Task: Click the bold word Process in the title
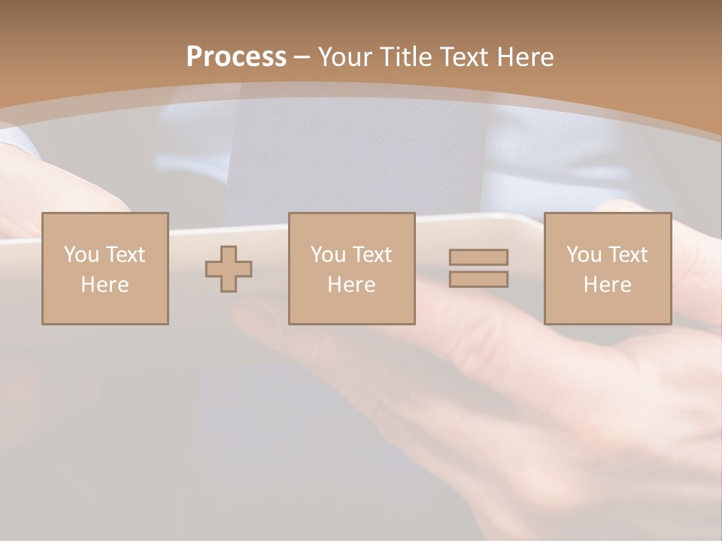pyautogui.click(x=236, y=57)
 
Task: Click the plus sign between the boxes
pyautogui.click(x=229, y=269)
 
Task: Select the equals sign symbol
pyautogui.click(x=478, y=268)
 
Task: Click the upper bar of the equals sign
pyautogui.click(x=478, y=257)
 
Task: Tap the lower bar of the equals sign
pyautogui.click(x=478, y=280)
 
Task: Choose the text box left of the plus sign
pyautogui.click(x=105, y=268)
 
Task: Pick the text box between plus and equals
pyautogui.click(x=351, y=268)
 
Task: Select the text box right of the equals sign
pyautogui.click(x=607, y=268)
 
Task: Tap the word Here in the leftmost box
pyautogui.click(x=105, y=285)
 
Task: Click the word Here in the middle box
pyautogui.click(x=351, y=285)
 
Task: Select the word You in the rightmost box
pyautogui.click(x=584, y=255)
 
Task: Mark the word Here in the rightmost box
pyautogui.click(x=607, y=285)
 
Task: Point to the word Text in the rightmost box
pyautogui.click(x=627, y=255)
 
